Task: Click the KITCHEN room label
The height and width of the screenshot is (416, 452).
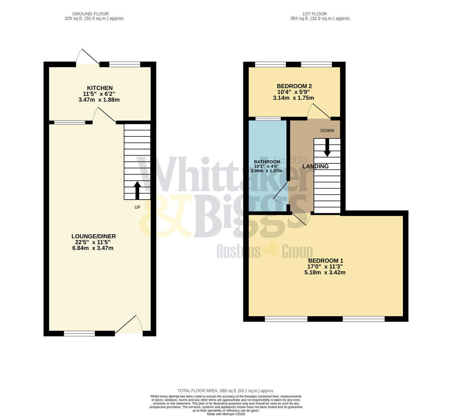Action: [100, 88]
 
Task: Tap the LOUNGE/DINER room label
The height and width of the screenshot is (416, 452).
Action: [93, 237]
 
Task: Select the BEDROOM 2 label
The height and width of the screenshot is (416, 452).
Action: [294, 86]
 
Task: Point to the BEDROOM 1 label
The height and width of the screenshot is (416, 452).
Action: [325, 261]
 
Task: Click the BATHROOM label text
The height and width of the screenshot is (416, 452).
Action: [267, 162]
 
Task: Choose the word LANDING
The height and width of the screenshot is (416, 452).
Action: [315, 166]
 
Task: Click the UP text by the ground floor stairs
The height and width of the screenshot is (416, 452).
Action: [137, 207]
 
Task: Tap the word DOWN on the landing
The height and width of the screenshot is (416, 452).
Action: [327, 131]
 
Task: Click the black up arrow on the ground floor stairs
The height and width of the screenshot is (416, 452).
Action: [137, 190]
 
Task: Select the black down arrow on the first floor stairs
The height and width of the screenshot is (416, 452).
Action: [327, 148]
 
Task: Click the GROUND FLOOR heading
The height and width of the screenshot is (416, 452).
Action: [90, 14]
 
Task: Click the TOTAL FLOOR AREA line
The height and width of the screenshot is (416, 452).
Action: [226, 391]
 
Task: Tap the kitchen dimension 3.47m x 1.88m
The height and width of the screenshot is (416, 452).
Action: [99, 100]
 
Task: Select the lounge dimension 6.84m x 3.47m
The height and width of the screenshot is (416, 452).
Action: [93, 248]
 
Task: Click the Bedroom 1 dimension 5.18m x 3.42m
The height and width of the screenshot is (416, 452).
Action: [325, 272]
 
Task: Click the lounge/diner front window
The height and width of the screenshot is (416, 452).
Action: [79, 334]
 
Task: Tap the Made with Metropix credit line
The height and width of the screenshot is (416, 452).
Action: [226, 414]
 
